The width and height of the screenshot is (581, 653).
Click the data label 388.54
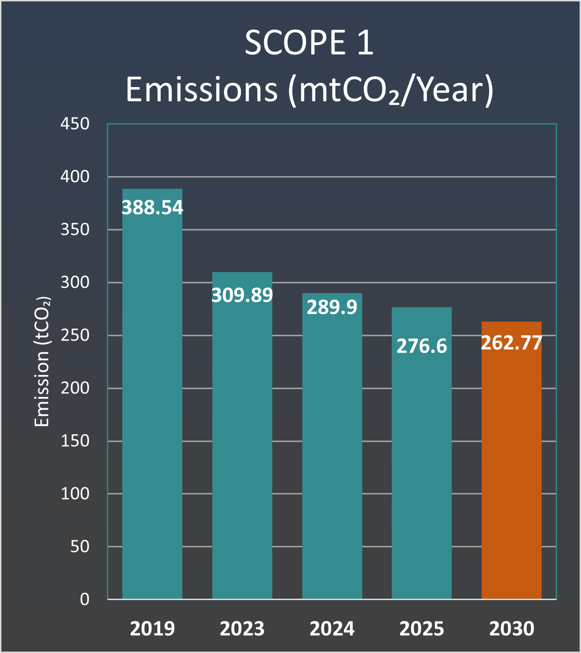click(152, 207)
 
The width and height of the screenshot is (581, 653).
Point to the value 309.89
click(242, 295)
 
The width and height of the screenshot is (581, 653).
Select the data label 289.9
click(332, 307)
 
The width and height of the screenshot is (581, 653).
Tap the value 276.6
click(422, 346)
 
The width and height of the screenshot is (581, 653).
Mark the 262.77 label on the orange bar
click(511, 343)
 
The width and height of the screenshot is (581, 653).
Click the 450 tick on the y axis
click(75, 124)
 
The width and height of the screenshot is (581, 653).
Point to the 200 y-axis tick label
click(75, 388)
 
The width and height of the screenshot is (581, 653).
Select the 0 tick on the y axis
click(84, 600)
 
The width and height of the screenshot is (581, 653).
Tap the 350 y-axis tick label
click(75, 230)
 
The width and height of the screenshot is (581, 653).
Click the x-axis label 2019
click(152, 628)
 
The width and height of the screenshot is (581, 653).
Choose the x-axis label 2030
click(512, 628)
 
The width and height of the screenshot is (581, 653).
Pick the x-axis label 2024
click(332, 628)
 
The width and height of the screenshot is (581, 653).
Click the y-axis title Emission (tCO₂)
click(42, 361)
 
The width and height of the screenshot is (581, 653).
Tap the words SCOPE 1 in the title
click(309, 43)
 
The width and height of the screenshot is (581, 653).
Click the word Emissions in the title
click(202, 90)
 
